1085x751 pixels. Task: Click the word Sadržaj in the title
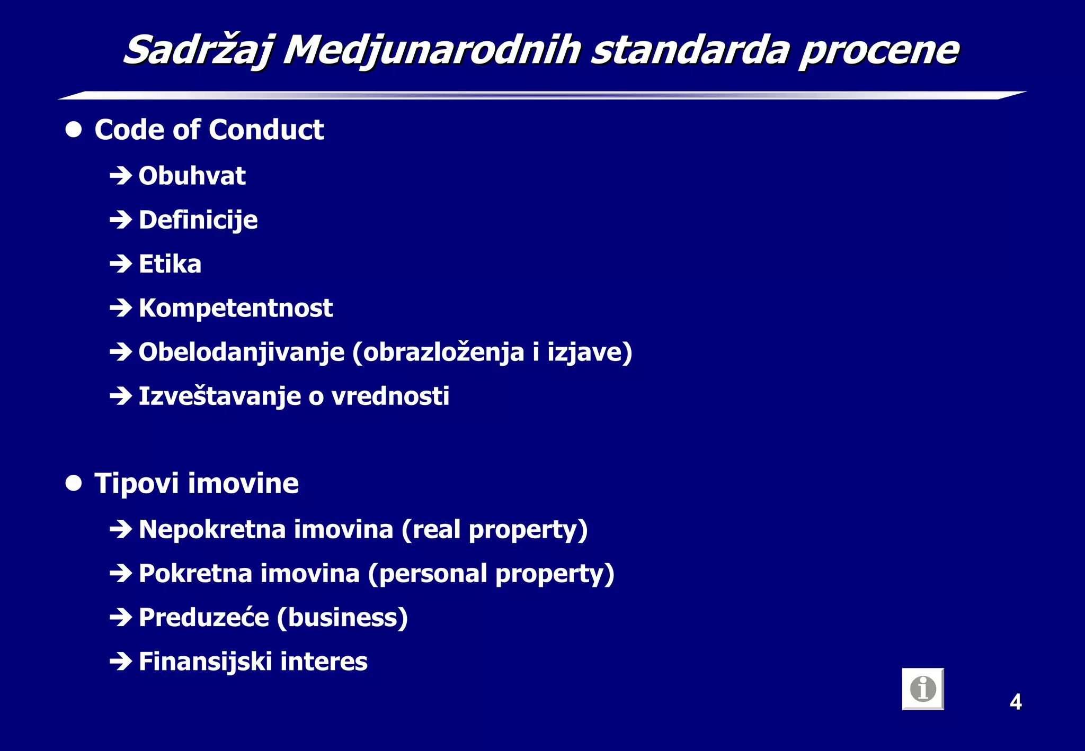click(198, 50)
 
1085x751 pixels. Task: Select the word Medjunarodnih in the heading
click(432, 50)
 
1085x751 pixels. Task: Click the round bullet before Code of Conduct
click(74, 130)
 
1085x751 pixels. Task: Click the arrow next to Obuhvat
click(121, 176)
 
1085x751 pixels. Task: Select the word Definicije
click(198, 220)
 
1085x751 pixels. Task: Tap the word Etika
click(170, 264)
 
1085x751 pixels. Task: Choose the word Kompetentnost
click(236, 308)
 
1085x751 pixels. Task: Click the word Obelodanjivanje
click(242, 352)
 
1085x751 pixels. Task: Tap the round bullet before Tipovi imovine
click(74, 483)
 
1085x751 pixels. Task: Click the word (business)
click(342, 618)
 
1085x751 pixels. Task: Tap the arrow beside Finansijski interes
click(121, 662)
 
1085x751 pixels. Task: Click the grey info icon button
click(923, 689)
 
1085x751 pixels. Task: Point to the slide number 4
click(1015, 702)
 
